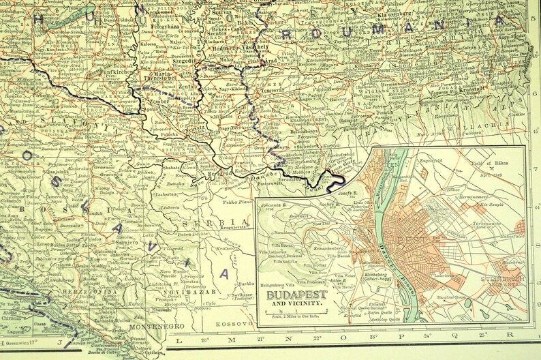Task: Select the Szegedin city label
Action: (x=182, y=60)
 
